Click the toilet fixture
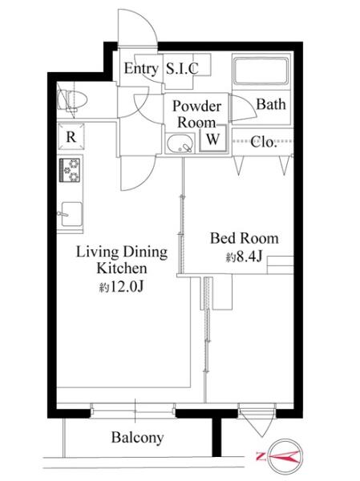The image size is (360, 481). pyautogui.click(x=72, y=100)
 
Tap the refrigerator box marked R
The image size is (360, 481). pyautogui.click(x=71, y=136)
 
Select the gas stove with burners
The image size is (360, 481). pyautogui.click(x=70, y=170)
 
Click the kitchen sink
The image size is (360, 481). pyautogui.click(x=71, y=214)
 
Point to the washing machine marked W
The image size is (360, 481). pyautogui.click(x=213, y=139)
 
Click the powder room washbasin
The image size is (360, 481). pyautogui.click(x=180, y=143)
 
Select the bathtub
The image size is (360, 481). pyautogui.click(x=261, y=71)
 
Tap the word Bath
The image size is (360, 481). pyautogui.click(x=271, y=104)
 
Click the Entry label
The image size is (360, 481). pyautogui.click(x=141, y=69)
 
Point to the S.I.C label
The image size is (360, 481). pyautogui.click(x=182, y=69)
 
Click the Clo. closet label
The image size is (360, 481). pyautogui.click(x=264, y=142)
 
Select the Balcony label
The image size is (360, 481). pyautogui.click(x=137, y=438)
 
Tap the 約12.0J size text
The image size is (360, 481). pyautogui.click(x=122, y=286)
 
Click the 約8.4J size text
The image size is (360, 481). pyautogui.click(x=244, y=257)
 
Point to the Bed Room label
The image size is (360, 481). pyautogui.click(x=245, y=238)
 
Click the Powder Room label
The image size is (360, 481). pyautogui.click(x=196, y=114)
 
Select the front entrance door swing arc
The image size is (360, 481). pyautogui.click(x=138, y=26)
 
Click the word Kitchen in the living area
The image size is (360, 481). pyautogui.click(x=122, y=269)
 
